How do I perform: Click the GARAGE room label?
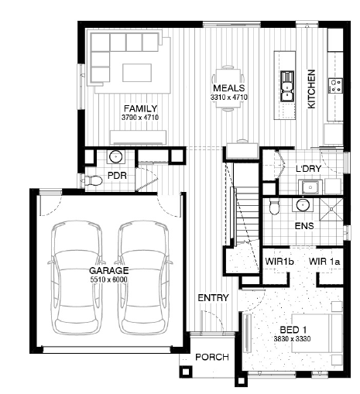[x=108, y=271]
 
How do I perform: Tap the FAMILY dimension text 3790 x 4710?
[x=140, y=118]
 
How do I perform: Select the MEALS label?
[x=229, y=88]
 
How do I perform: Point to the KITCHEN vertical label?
[x=311, y=89]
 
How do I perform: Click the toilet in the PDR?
[x=91, y=180]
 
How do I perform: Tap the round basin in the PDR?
[x=116, y=156]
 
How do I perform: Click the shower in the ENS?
[x=331, y=209]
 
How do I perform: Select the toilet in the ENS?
[x=274, y=207]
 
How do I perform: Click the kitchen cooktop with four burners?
[x=335, y=85]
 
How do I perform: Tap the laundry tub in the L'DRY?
[x=310, y=187]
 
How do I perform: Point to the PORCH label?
[x=212, y=357]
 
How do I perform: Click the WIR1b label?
[x=279, y=262]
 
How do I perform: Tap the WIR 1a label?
[x=324, y=262]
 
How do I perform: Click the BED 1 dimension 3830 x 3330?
[x=292, y=338]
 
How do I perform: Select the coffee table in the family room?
[x=137, y=73]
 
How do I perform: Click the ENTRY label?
[x=213, y=298]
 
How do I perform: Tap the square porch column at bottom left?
[x=185, y=372]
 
